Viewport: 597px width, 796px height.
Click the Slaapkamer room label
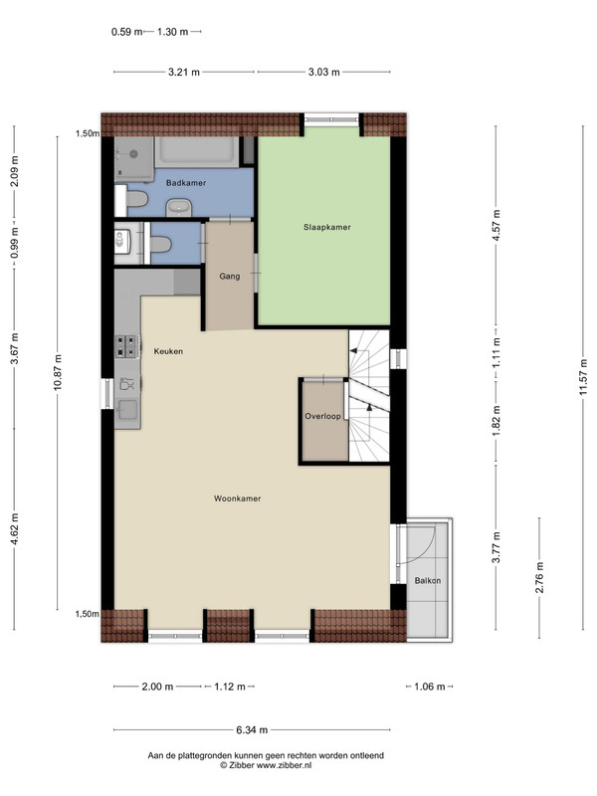327,228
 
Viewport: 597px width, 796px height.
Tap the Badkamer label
186,183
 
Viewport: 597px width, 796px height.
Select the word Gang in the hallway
230,277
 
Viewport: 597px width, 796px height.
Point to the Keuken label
168,351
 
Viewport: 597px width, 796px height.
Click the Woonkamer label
237,498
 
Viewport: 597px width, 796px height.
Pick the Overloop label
322,416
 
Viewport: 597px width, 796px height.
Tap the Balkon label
428,580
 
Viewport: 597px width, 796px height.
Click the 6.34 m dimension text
252,730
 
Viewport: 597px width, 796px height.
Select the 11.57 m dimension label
583,377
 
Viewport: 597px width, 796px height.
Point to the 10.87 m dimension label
58,372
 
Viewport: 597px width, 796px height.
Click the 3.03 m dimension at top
324,72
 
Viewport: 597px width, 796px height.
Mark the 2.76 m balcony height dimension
539,578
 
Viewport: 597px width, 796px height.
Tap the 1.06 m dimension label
430,687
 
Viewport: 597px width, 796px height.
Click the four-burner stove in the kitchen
127,346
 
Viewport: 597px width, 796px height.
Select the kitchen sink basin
127,409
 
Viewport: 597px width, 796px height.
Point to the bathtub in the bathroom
196,152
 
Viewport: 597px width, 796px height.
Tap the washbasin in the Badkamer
179,208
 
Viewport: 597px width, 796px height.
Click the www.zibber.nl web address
284,765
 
